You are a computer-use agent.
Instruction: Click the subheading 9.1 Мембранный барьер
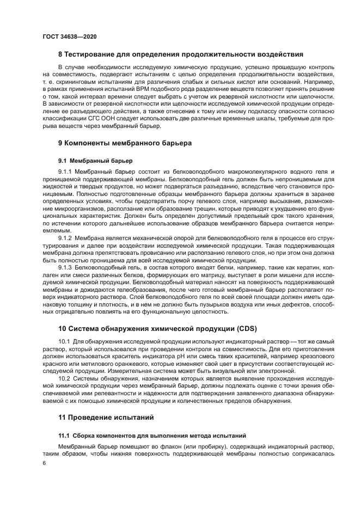pyautogui.click(x=92, y=161)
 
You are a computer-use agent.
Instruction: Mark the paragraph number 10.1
pyautogui.click(x=64, y=341)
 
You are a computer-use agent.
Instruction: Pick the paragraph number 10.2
pyautogui.click(x=64, y=378)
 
